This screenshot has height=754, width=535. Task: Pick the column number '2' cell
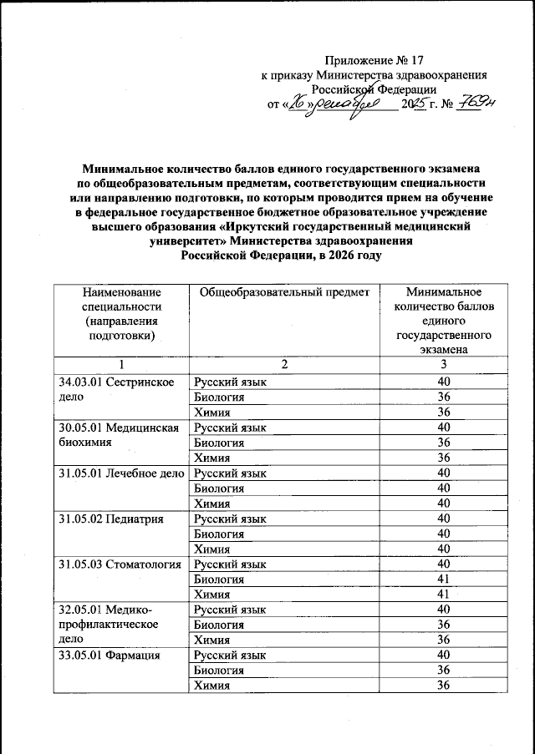pos(284,365)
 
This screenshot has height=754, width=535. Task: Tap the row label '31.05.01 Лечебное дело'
pos(120,473)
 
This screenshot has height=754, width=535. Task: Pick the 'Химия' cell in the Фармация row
pos(212,686)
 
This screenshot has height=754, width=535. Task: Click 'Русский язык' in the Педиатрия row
pos(230,519)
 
